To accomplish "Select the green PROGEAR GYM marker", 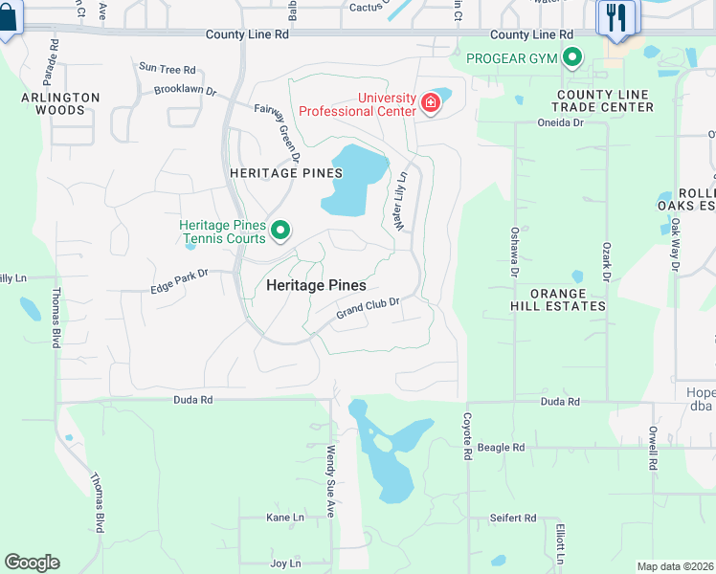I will [x=572, y=59].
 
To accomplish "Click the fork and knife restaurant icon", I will [x=615, y=16].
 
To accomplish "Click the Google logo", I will [x=32, y=563].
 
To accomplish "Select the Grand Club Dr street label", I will [x=367, y=309].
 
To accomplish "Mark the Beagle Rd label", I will [x=502, y=447].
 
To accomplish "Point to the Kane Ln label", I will [x=284, y=518].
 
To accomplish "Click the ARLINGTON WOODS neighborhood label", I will [x=61, y=103].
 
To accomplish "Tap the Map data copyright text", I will [x=676, y=566].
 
